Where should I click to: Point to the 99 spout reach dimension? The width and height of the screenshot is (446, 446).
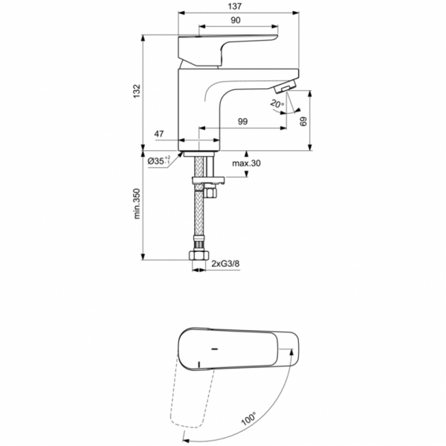(243, 121)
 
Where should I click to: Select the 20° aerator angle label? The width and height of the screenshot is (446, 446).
(277, 106)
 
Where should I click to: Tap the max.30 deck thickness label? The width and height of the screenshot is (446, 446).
(246, 164)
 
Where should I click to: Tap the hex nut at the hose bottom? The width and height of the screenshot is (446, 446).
(199, 256)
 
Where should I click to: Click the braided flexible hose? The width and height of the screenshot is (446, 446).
(199, 219)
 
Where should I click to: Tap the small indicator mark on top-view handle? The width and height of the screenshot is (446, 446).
(213, 349)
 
